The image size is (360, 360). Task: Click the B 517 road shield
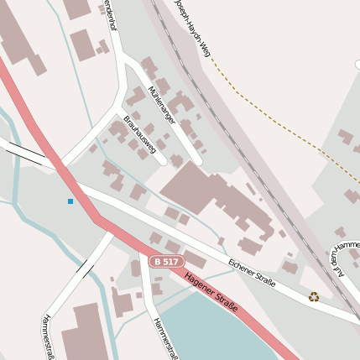[166, 262]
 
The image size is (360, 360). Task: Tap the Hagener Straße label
[211, 292]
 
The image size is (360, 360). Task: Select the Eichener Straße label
[252, 273]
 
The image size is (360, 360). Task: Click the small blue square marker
[70, 201]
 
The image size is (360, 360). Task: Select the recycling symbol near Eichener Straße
[314, 296]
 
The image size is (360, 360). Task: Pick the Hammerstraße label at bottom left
[47, 337]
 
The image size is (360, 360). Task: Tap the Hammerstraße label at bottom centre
[165, 338]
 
